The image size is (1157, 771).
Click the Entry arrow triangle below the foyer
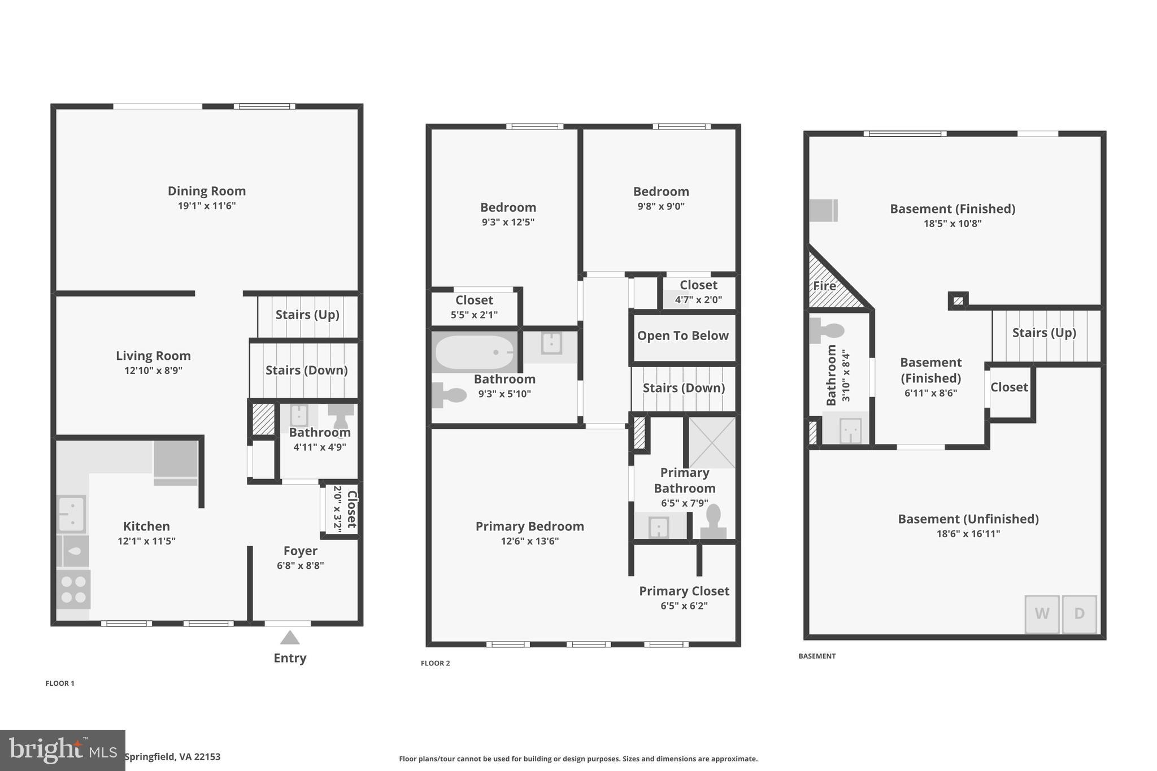[290, 638]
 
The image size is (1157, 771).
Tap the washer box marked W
[1042, 614]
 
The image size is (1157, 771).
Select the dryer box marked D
[1079, 614]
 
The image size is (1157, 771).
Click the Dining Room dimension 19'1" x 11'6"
[207, 206]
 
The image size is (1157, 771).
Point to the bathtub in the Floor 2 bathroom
[474, 352]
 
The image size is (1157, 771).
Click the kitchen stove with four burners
[73, 589]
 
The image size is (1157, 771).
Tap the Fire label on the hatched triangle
[824, 286]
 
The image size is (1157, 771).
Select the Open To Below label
[682, 336]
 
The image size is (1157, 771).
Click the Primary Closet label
[684, 591]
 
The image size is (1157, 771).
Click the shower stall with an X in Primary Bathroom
[712, 442]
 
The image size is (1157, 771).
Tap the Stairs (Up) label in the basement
[1043, 333]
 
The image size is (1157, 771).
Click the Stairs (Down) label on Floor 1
[306, 370]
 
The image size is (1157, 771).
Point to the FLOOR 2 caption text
[435, 663]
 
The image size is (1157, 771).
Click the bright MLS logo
[62, 750]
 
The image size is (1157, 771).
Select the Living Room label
[153, 356]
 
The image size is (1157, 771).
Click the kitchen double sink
[72, 514]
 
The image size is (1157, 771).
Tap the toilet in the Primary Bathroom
[713, 521]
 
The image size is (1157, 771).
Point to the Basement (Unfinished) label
[968, 519]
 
